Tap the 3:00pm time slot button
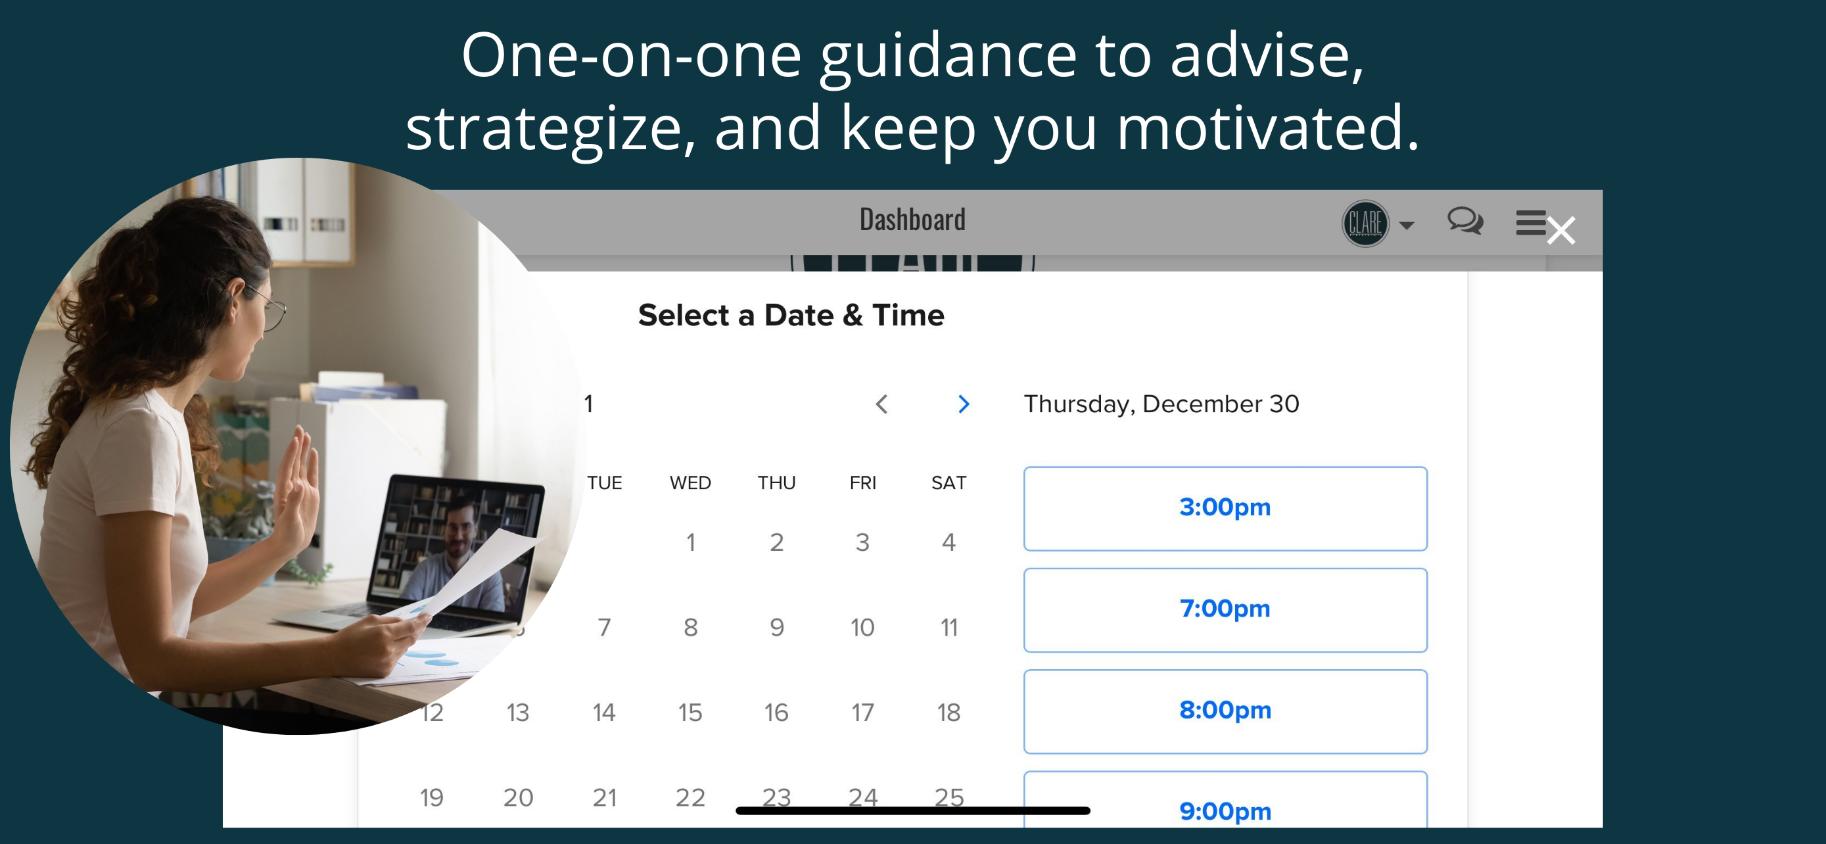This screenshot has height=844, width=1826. (x=1225, y=508)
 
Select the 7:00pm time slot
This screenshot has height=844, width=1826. (x=1225, y=609)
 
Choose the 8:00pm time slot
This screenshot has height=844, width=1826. (x=1225, y=711)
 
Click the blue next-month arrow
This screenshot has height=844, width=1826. (x=964, y=404)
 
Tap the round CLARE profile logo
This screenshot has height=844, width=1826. (x=1365, y=223)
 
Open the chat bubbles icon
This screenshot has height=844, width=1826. (x=1464, y=220)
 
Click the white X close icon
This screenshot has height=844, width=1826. (x=1561, y=230)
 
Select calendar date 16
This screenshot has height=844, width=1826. (x=776, y=712)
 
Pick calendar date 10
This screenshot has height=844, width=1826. (x=862, y=627)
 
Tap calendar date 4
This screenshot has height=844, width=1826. (x=949, y=542)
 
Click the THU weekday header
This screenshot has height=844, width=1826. (x=776, y=482)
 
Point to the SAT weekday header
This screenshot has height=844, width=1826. (x=948, y=482)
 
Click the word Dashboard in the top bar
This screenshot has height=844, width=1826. (x=912, y=220)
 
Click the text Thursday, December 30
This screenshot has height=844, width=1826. (x=1161, y=404)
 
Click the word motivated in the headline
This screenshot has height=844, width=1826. (x=1267, y=128)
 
